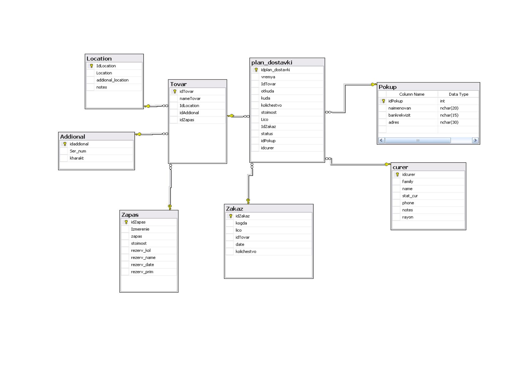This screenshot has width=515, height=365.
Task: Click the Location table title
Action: (x=99, y=59)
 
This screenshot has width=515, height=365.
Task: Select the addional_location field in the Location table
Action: (x=113, y=80)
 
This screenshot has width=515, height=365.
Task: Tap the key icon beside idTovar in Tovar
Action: (x=175, y=92)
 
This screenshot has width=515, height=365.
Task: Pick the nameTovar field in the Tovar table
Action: (x=190, y=99)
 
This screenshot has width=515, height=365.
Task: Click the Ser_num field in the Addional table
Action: (x=78, y=151)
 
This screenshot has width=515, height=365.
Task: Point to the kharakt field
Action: (x=77, y=158)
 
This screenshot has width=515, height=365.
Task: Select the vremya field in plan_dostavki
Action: (x=268, y=77)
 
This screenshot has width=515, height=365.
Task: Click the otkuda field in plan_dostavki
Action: (x=267, y=91)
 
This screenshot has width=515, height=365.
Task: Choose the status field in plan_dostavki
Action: (x=267, y=134)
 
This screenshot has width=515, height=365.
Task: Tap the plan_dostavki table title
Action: (x=272, y=63)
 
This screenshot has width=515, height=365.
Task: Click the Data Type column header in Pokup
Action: (x=458, y=94)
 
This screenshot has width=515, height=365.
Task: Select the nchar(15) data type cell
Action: (x=449, y=116)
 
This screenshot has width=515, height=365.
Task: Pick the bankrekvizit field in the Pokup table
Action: (x=399, y=116)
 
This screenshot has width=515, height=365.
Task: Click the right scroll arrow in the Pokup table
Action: (x=475, y=140)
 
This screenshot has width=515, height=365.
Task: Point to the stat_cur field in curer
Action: (x=410, y=196)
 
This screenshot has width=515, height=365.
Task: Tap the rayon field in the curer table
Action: (x=408, y=217)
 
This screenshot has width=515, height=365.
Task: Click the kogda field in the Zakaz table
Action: (x=241, y=223)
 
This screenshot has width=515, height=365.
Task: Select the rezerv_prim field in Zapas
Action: (x=142, y=272)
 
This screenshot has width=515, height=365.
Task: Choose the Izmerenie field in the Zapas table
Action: (x=140, y=229)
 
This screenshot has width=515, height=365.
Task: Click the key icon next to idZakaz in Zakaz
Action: (x=231, y=216)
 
